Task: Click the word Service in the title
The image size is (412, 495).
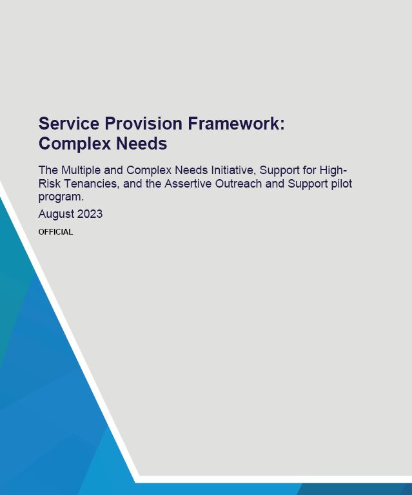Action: point(68,123)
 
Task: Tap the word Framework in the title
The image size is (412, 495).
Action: point(233,123)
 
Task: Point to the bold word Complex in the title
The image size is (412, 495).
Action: point(75,144)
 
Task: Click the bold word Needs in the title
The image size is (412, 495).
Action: point(141,144)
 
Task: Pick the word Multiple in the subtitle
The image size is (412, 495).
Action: point(81,170)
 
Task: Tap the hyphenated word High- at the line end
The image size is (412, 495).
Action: point(333,170)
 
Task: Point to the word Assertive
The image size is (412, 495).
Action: point(188,184)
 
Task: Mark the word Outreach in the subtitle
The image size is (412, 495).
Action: point(239,184)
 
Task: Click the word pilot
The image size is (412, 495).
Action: point(342,184)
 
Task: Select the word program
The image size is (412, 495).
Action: point(61,197)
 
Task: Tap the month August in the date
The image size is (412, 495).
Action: point(56,215)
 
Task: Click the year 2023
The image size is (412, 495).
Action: point(90,214)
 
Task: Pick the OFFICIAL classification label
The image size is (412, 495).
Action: point(55,232)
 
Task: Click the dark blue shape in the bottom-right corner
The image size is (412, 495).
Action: point(355,489)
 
